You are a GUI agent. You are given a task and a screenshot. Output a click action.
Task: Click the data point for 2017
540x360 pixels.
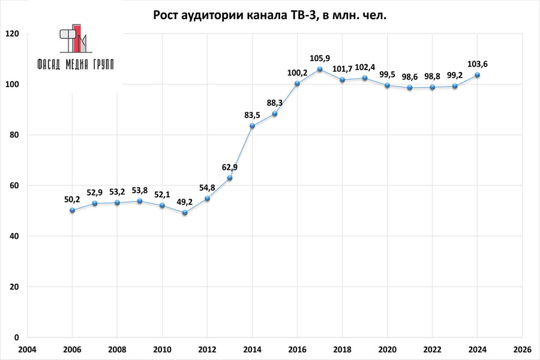click(320, 70)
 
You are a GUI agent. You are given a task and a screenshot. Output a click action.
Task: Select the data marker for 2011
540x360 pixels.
click(185, 213)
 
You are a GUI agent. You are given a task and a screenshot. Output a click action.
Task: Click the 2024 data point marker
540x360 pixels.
click(478, 75)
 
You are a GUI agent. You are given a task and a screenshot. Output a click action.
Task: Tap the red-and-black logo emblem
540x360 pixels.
click(73, 40)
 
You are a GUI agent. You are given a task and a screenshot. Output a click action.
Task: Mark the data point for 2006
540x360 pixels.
click(72, 210)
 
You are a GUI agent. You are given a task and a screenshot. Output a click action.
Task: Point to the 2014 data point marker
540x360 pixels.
click(252, 126)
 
